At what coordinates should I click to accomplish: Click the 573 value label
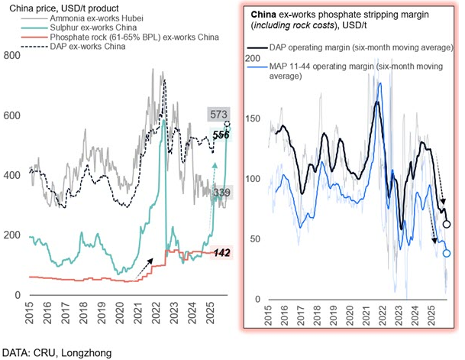218,115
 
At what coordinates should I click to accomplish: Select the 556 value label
221,134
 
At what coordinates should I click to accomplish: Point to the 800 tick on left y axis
11,56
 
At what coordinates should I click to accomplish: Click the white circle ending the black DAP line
447,224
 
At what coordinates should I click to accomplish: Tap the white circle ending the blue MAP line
447,253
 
